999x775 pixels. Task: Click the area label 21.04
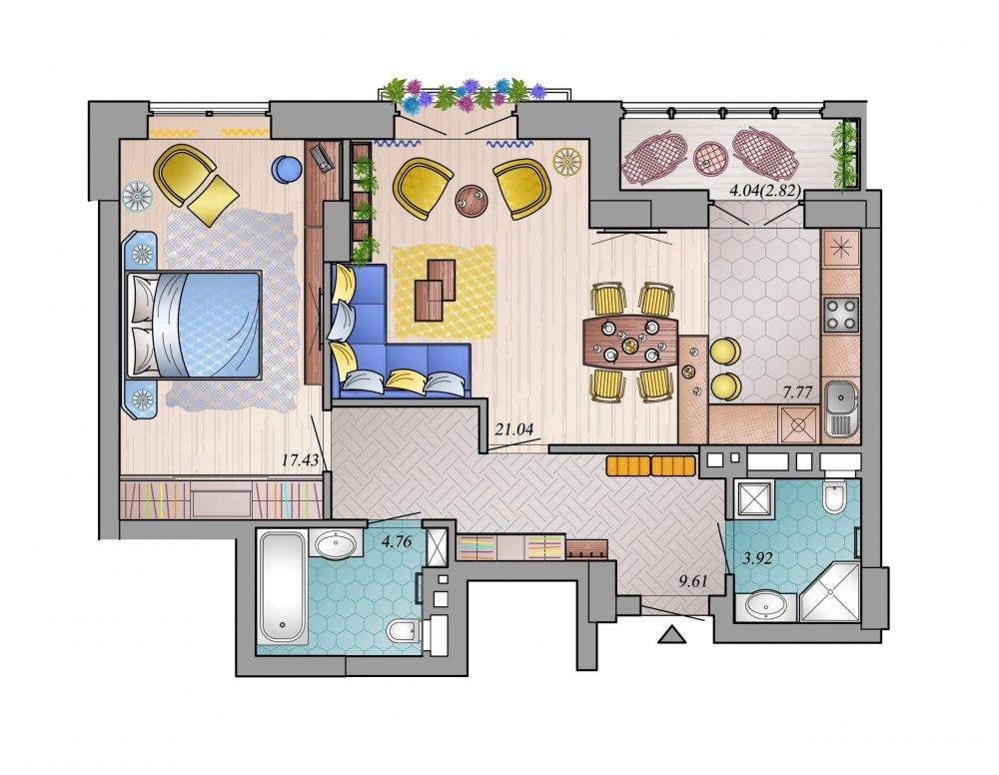(x=514, y=429)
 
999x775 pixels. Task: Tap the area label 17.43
(x=300, y=459)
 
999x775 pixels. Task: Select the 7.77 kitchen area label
(x=797, y=392)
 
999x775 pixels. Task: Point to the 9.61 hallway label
(x=694, y=581)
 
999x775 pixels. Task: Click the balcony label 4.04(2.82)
(x=764, y=191)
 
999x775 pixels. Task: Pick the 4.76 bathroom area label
(x=396, y=542)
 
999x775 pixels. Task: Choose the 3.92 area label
(x=757, y=558)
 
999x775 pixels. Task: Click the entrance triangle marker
(x=671, y=635)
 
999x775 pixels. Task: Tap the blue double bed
(x=195, y=325)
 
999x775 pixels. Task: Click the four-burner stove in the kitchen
(x=841, y=315)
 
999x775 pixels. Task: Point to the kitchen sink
(x=841, y=407)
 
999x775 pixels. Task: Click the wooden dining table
(x=631, y=342)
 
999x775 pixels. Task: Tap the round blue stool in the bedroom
(x=287, y=170)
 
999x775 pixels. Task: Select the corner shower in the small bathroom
(x=830, y=593)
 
